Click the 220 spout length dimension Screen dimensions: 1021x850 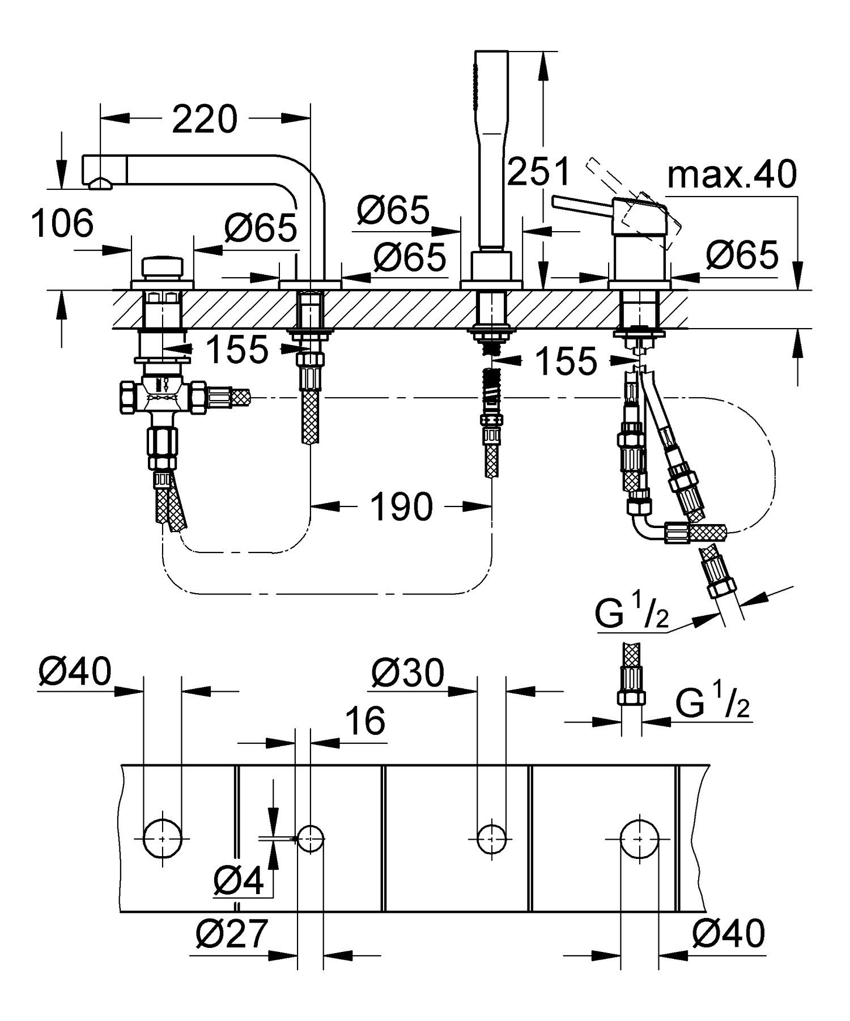204,120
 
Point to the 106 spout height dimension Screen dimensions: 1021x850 62,223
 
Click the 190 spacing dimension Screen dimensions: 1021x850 401,506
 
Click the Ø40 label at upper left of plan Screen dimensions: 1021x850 75,673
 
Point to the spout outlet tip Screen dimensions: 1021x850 100,182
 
